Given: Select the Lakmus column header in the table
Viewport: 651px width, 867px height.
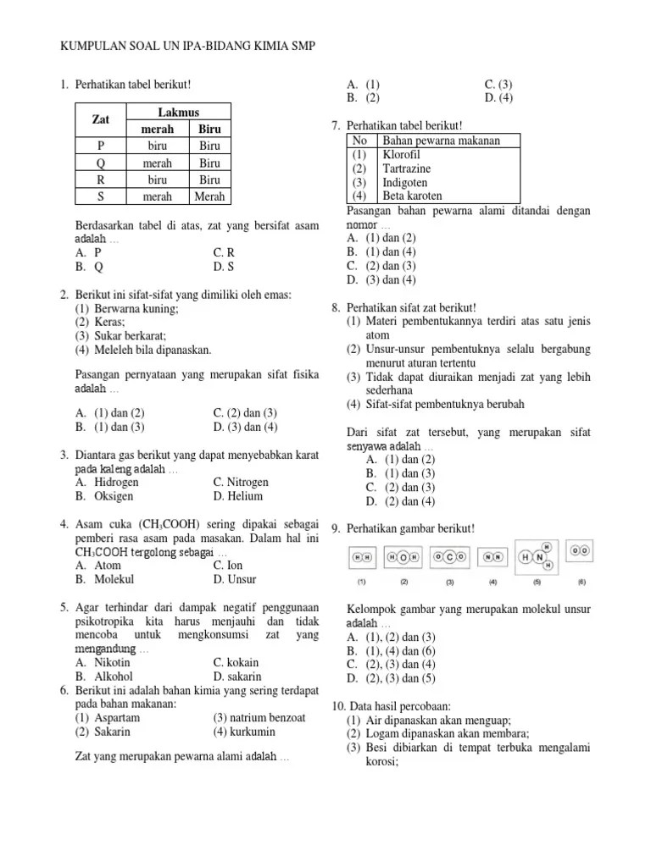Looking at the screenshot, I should tap(178, 113).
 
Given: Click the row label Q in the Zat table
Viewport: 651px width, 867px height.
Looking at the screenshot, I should tap(101, 163).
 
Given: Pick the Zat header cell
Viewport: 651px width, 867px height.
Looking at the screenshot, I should tap(101, 120).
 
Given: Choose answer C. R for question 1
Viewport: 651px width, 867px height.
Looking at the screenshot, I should tap(224, 252).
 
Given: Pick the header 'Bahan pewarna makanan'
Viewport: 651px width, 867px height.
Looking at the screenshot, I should tap(441, 141).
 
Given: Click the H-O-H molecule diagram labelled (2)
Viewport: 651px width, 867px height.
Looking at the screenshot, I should tap(403, 557).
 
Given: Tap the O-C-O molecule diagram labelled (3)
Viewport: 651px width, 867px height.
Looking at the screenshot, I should tap(449, 557).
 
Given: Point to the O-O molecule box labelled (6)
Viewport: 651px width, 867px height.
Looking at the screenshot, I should tap(581, 550).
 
